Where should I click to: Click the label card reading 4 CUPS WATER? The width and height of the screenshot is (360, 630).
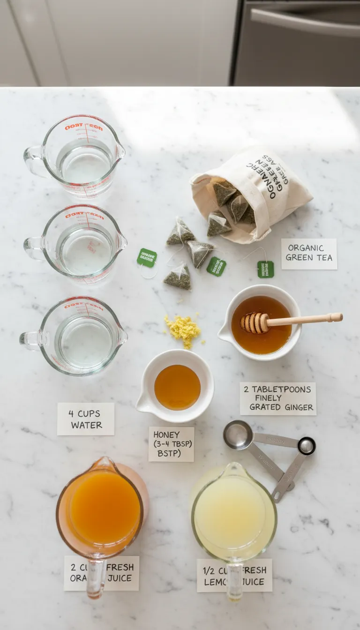[86, 419]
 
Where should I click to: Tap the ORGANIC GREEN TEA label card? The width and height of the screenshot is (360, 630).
[309, 254]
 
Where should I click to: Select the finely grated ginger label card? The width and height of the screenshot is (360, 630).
[278, 398]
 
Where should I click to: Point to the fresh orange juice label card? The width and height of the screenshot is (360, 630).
[102, 573]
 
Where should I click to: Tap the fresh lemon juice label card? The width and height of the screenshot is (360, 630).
[234, 575]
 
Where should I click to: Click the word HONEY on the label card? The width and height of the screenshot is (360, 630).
[166, 435]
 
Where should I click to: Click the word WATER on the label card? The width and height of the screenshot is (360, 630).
[86, 425]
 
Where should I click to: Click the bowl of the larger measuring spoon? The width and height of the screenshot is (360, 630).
[238, 435]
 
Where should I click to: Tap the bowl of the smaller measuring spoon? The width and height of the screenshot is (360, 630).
[307, 445]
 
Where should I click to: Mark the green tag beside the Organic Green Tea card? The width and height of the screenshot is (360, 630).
[265, 270]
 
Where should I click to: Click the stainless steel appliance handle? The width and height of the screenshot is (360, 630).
[305, 21]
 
